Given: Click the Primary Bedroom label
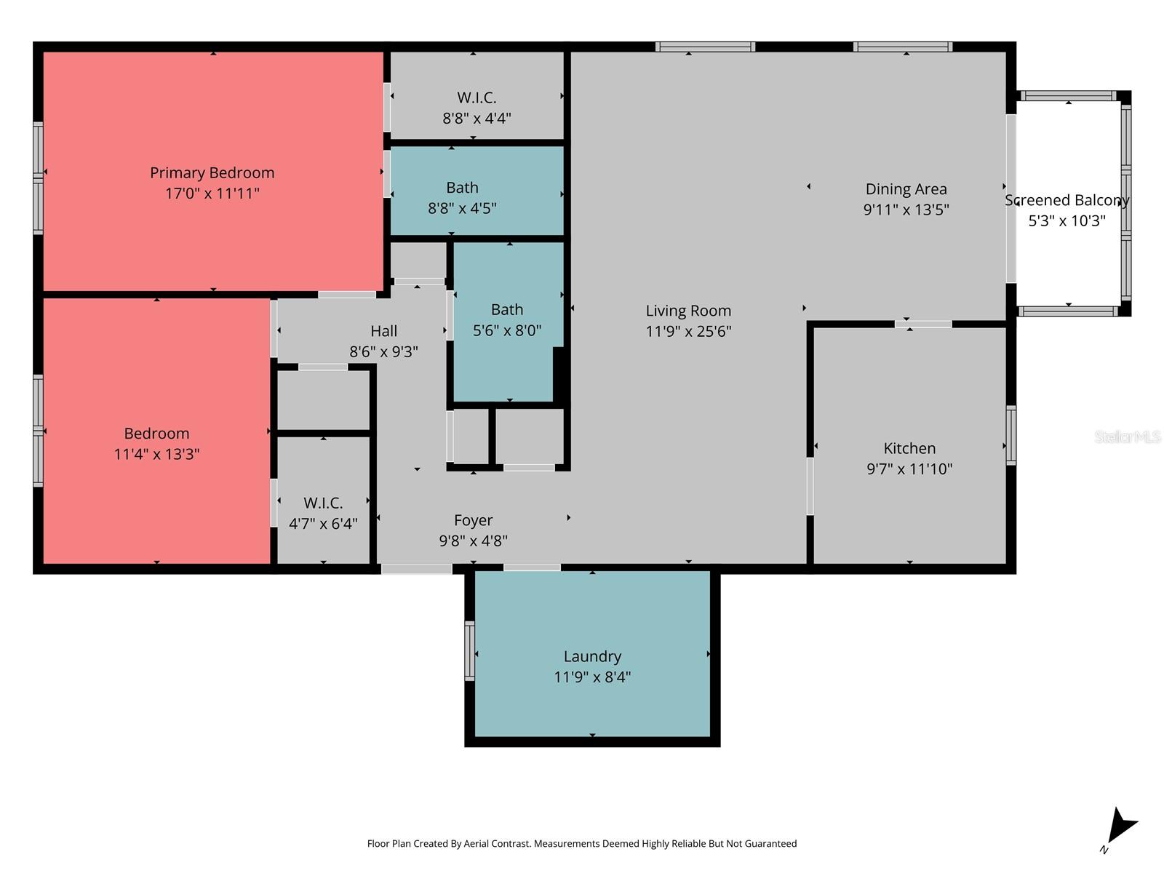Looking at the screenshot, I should pyautogui.click(x=212, y=173).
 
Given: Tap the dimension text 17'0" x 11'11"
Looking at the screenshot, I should pyautogui.click(x=212, y=194).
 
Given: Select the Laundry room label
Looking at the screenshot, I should pyautogui.click(x=592, y=656).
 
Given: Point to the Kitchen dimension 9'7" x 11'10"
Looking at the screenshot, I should pyautogui.click(x=909, y=469).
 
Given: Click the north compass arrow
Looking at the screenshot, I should pyautogui.click(x=1120, y=828).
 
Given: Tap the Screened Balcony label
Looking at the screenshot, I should pyautogui.click(x=1067, y=200).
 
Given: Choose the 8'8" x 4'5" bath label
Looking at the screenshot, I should pyautogui.click(x=462, y=208).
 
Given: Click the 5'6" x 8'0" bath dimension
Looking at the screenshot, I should pyautogui.click(x=507, y=331).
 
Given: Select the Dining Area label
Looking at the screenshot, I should pyautogui.click(x=906, y=189).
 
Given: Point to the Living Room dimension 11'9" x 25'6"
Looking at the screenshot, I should pyautogui.click(x=688, y=331).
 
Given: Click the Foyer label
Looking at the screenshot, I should pyautogui.click(x=473, y=520).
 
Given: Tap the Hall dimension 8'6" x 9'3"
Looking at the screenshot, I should pyautogui.click(x=383, y=352).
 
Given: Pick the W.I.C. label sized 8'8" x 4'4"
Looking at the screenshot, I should pyautogui.click(x=477, y=97).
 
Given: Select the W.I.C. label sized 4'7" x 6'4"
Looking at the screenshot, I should pyautogui.click(x=323, y=503).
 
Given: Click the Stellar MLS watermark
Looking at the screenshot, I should pyautogui.click(x=1127, y=436).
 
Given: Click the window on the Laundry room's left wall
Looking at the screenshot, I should pyautogui.click(x=470, y=651).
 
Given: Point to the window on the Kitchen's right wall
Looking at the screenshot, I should pyautogui.click(x=1010, y=435).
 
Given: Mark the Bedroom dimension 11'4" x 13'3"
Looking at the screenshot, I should pyautogui.click(x=156, y=454).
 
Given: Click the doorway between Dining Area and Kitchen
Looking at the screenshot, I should pyautogui.click(x=922, y=324).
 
